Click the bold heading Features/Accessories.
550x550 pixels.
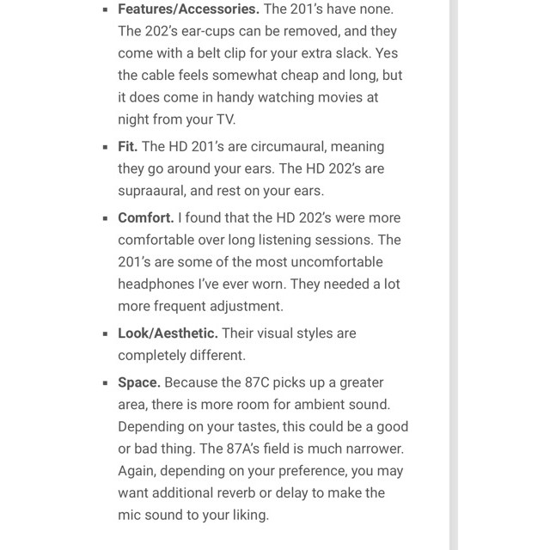[x=187, y=9]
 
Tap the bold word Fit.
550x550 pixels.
[x=128, y=147]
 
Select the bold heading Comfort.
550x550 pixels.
[x=145, y=218]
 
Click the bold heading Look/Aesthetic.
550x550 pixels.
[x=168, y=333]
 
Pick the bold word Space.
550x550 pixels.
[x=139, y=382]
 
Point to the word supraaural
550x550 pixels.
[x=154, y=190]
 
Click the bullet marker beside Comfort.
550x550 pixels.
[x=105, y=219]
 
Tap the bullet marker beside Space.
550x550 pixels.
[x=105, y=383]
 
